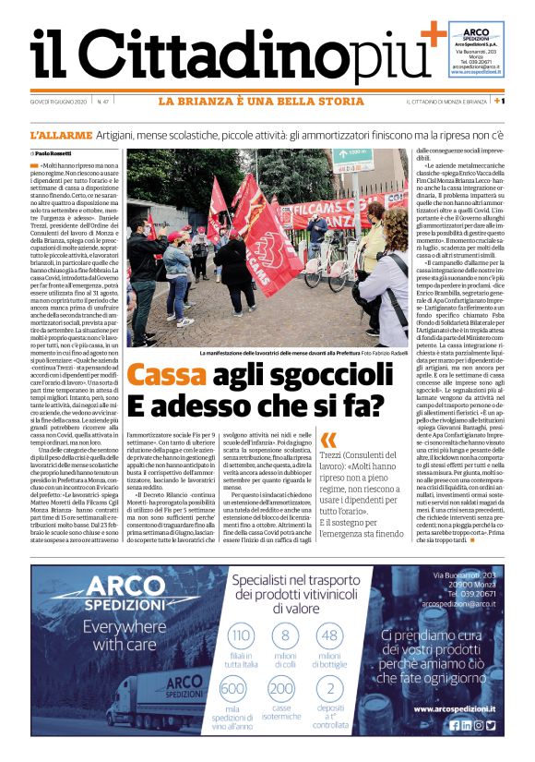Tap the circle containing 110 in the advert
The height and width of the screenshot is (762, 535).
pyautogui.click(x=241, y=635)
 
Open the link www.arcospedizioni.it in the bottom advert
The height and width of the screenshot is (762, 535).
pyautogui.click(x=454, y=708)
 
